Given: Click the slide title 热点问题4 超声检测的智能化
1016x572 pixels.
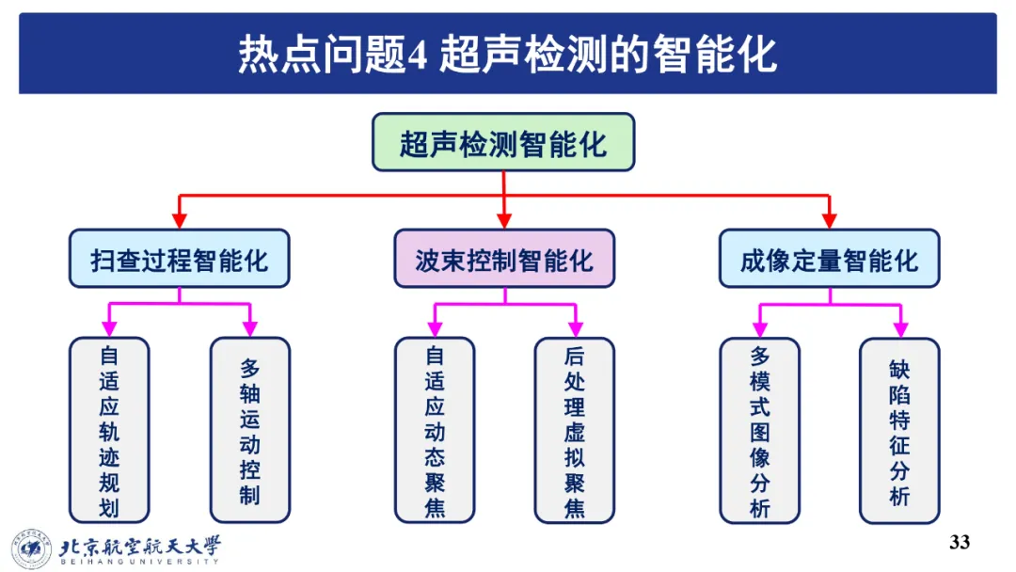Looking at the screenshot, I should coord(507,54).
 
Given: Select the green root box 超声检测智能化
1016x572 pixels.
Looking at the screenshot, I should coord(503,143).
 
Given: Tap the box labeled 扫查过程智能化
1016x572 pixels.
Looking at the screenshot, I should coord(179,259).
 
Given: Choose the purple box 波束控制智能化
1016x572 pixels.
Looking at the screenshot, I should coord(503,259).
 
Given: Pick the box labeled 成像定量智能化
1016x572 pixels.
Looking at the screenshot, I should coord(829,259).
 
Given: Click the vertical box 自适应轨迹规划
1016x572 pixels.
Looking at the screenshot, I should coord(109,430).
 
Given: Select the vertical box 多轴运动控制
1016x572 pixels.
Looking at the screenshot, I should coord(249,430).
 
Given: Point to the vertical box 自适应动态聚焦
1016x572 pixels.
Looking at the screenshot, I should coord(435,430).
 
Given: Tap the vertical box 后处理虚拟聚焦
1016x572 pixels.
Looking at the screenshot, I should coord(574,430).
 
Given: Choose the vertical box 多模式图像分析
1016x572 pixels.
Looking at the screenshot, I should coord(760,430).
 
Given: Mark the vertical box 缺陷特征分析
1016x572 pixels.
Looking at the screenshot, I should coord(899,430).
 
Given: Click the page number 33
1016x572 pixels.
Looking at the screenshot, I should coord(960,542).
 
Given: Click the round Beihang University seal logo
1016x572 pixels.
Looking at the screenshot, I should coord(31,548).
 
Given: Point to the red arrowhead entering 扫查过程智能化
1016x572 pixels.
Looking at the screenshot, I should coord(179,221).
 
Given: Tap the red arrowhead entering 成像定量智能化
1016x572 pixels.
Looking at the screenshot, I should coord(829,221).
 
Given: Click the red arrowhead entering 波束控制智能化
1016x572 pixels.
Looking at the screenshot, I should coord(504,221).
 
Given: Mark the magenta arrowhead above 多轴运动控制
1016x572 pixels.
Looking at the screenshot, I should coord(249,328).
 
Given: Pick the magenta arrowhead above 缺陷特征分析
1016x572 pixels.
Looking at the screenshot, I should coord(899,328).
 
